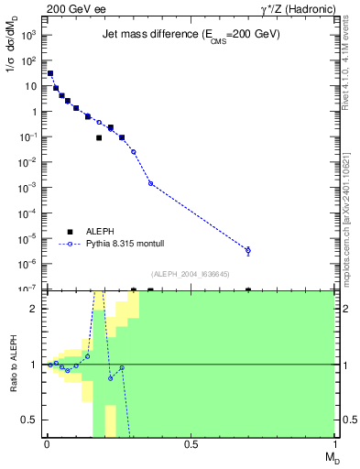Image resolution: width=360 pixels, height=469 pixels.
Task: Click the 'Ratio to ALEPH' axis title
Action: click(x=13, y=364)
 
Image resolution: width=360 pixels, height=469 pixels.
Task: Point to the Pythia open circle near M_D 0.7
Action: click(x=248, y=250)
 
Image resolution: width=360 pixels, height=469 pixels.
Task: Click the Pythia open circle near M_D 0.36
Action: click(x=150, y=183)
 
